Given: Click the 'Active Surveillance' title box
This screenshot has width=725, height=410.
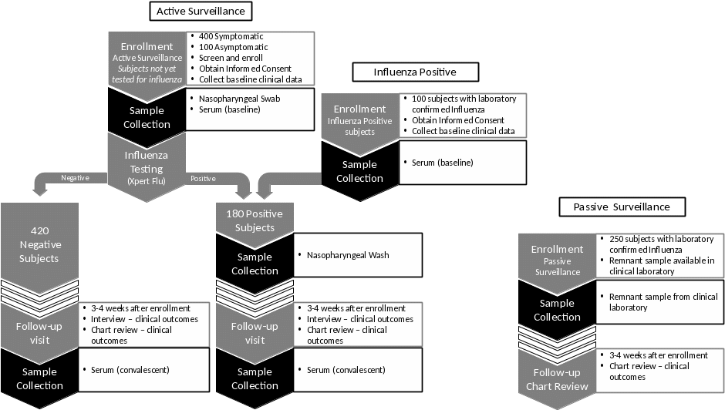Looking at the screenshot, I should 201,12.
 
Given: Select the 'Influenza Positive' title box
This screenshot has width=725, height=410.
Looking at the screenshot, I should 416,72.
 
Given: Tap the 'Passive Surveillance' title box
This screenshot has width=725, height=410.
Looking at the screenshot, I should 622,207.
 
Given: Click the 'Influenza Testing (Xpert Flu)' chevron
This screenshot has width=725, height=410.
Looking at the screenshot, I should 147,168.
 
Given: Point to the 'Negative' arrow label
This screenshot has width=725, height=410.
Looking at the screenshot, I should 75,178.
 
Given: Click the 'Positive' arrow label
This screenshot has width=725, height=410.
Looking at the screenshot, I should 203,178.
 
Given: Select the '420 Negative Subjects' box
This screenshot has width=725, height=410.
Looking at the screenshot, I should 39,244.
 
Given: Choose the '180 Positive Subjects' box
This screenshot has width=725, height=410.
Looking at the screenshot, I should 255,220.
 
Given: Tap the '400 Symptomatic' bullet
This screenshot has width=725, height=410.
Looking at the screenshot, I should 231,36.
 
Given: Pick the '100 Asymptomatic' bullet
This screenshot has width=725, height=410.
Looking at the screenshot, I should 234,47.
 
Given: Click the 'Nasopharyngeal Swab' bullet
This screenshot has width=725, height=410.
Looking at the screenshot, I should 239,99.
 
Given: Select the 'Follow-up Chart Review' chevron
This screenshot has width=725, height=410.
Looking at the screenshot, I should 557,379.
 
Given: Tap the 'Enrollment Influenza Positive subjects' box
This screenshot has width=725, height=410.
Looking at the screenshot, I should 359,119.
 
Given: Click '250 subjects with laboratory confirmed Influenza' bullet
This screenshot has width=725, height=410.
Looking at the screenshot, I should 662,244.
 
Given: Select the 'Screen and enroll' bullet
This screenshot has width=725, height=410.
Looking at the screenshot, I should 231,58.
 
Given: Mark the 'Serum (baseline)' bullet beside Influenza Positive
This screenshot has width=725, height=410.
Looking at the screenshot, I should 443,163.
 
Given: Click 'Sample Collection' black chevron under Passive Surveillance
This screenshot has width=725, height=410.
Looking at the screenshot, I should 557,310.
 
